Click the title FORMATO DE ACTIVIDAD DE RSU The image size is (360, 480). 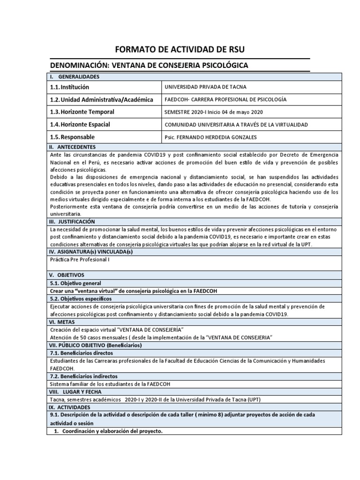(x=180, y=50)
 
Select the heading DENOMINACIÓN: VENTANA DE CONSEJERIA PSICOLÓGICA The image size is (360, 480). (x=149, y=66)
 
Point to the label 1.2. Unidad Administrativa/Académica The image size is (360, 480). (x=101, y=99)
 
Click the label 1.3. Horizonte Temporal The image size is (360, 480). (x=82, y=112)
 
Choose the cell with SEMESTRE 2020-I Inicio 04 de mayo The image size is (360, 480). (x=214, y=112)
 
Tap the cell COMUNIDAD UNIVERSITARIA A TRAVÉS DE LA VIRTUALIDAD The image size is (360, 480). (x=236, y=125)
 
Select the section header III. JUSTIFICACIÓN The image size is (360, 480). (x=72, y=221)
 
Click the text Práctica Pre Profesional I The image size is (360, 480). (x=80, y=259)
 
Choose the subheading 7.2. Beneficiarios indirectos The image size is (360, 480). (x=83, y=376)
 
